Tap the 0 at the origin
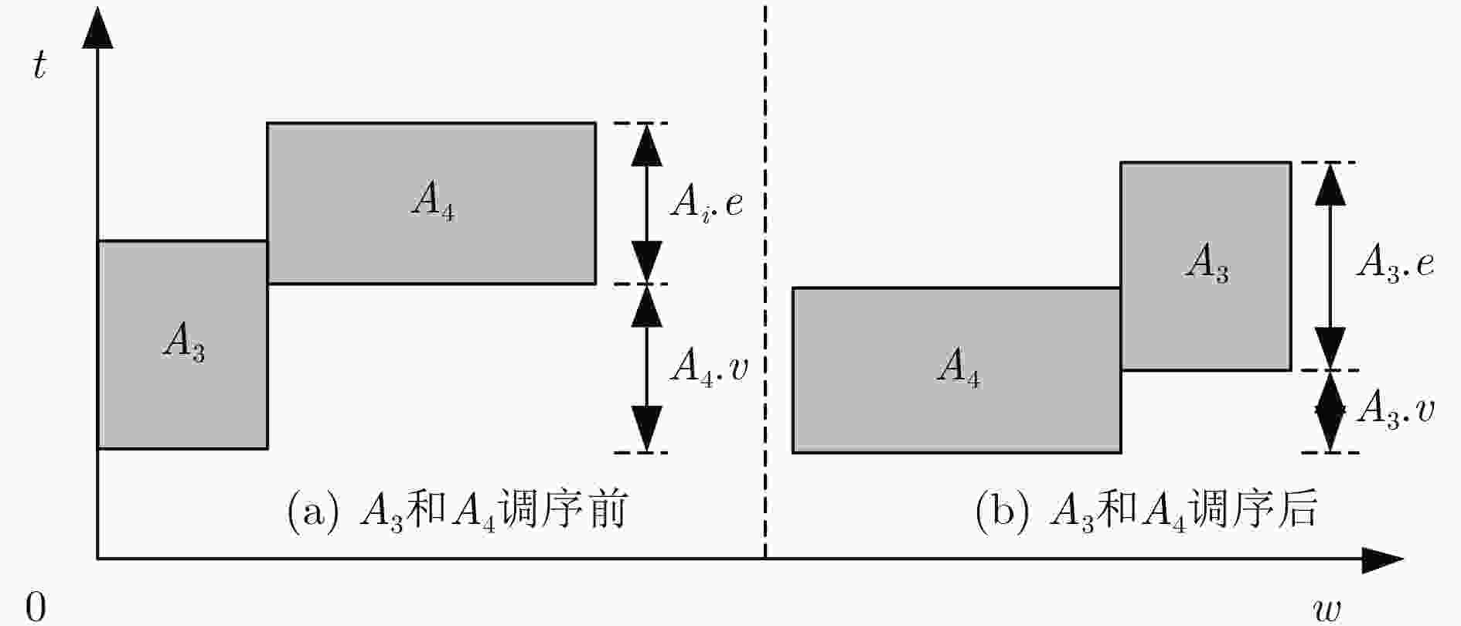36,607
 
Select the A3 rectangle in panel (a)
182,345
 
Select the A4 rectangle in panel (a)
431,203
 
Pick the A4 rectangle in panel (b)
957,370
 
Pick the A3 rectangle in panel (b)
1206,266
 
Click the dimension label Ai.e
707,203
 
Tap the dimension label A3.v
1395,409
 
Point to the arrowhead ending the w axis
1383,559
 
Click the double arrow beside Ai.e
647,203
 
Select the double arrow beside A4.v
647,368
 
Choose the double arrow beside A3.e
1330,266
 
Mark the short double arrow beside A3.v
1330,411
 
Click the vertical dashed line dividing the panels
765,281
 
